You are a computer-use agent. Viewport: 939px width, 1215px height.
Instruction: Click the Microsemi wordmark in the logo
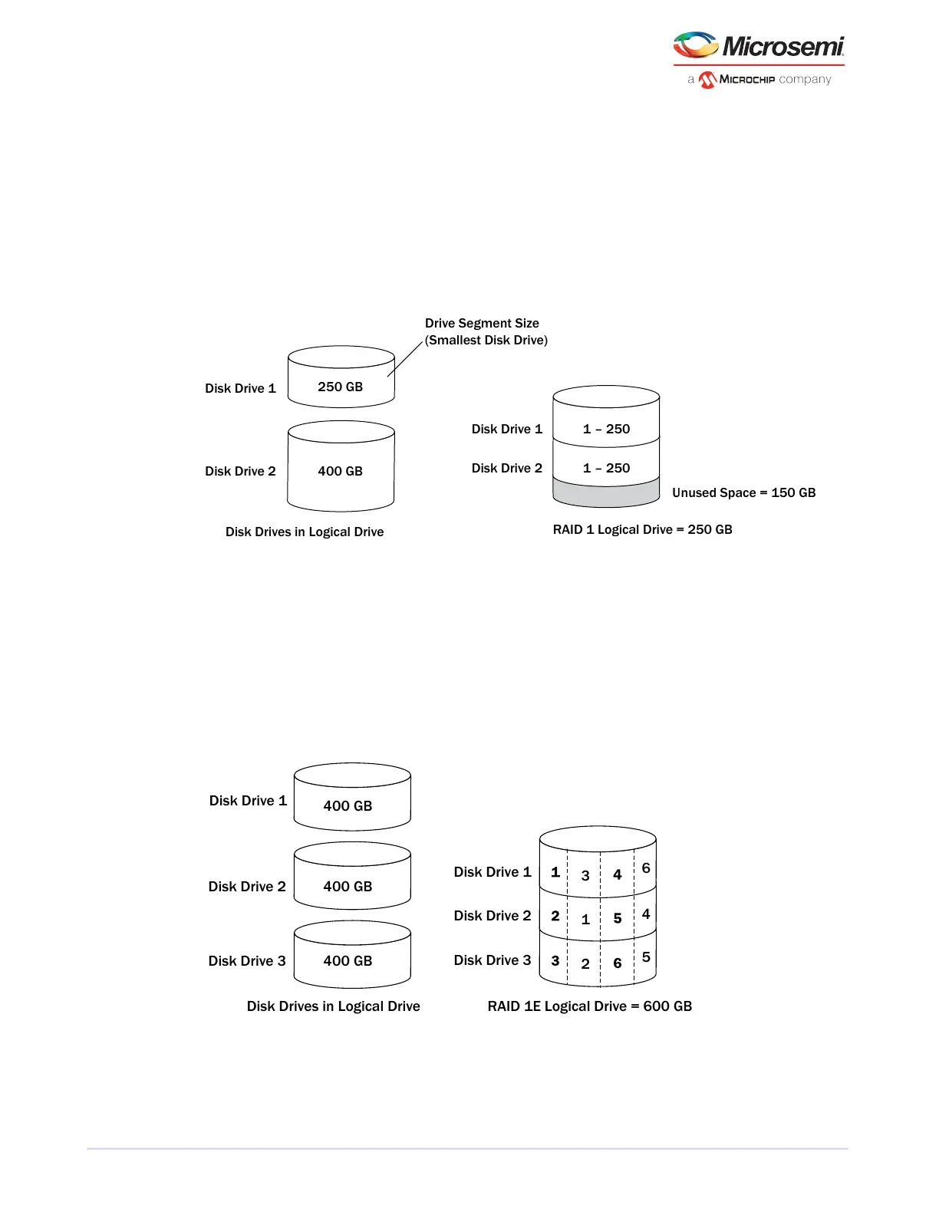782,47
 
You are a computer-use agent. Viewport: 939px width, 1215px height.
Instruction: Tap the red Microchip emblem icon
707,80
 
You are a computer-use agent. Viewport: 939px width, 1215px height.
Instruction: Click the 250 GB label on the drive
341,387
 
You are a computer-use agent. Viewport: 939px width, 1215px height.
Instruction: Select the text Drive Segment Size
482,323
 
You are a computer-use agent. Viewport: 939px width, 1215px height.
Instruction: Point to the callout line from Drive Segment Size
405,358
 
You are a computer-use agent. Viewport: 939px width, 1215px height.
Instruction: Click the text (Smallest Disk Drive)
486,340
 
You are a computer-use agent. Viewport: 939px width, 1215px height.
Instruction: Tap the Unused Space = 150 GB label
743,492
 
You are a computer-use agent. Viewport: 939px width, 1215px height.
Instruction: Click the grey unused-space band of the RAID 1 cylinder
606,493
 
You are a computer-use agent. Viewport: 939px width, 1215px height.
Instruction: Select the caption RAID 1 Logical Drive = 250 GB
642,529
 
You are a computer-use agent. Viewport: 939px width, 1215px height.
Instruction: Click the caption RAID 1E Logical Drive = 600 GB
589,1006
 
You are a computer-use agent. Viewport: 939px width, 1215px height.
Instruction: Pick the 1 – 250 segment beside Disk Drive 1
606,429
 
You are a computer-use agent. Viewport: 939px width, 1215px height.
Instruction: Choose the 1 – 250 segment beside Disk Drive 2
606,468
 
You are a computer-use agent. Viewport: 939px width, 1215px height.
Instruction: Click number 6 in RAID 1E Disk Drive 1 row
646,868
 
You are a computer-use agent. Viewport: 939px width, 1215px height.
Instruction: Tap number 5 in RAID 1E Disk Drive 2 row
618,918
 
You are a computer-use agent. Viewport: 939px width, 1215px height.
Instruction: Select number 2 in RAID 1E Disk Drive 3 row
585,963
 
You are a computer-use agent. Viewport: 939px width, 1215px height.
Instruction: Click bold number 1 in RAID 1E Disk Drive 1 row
555,872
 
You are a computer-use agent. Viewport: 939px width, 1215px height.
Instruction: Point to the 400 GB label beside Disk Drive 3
348,960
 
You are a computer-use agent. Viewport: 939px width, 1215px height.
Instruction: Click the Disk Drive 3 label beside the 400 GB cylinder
247,960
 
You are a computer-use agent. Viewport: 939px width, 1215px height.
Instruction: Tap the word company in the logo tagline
805,79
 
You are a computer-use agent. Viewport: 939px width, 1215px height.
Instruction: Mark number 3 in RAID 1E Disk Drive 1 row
585,875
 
